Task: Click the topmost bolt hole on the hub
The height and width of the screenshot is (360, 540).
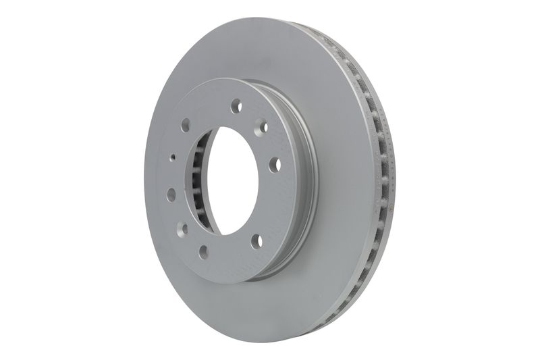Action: pos(236,106)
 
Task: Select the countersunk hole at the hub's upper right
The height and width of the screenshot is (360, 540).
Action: pos(264,126)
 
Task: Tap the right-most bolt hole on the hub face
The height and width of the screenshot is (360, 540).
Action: pos(275,165)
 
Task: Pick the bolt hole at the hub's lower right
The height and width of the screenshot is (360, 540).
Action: pos(256,241)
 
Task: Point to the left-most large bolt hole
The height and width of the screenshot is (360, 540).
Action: pos(171,195)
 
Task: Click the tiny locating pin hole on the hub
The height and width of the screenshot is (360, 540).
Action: pos(173,157)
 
